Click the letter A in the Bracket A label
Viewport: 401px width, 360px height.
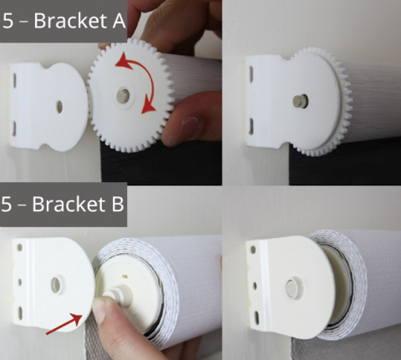119,21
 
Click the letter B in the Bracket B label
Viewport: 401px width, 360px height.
118,204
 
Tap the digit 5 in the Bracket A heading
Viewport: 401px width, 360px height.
8,21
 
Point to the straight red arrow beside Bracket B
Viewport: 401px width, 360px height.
64,323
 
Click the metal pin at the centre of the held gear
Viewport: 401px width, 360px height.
123,94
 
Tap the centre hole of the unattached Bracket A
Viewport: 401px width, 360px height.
59,107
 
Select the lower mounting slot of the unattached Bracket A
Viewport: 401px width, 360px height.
13,129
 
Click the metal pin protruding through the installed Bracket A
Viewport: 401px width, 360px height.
300,101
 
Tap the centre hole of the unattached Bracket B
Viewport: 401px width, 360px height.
57,285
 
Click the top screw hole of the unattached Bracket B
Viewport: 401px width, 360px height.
20,248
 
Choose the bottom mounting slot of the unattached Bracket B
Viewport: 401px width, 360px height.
20,312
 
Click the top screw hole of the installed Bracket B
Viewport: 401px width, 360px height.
252,250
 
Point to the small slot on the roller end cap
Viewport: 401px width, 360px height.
126,276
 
